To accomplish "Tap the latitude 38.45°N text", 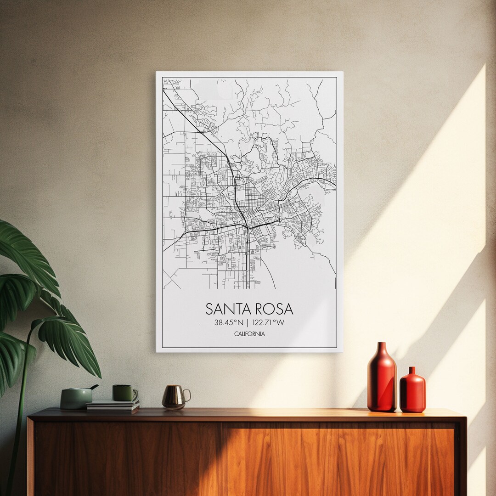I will pyautogui.click(x=228, y=322).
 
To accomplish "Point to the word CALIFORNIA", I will pyautogui.click(x=249, y=334).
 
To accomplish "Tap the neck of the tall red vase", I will pyautogui.click(x=382, y=349).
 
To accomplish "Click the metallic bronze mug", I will pyautogui.click(x=174, y=396).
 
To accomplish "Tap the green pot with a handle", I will pyautogui.click(x=76, y=398).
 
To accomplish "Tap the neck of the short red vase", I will pyautogui.click(x=412, y=370).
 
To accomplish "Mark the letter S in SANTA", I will pyautogui.click(x=209, y=309).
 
